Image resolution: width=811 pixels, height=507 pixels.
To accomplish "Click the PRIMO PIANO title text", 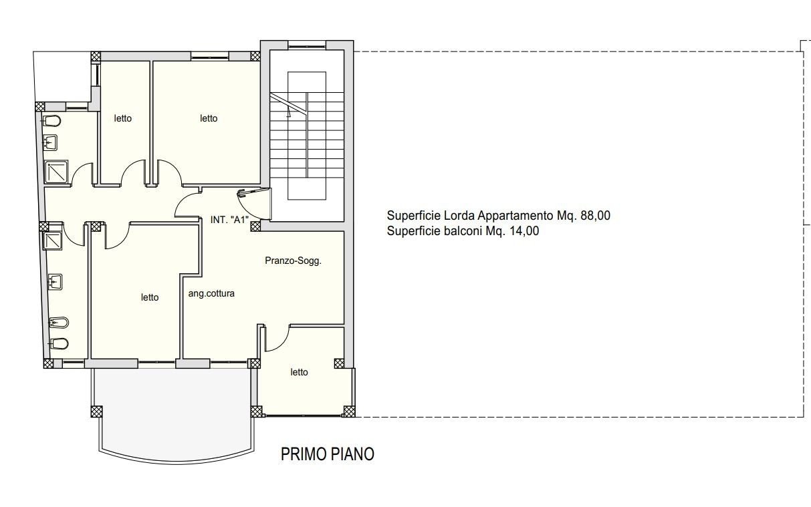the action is click(328, 454).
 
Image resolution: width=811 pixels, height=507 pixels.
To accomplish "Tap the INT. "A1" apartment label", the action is click(229, 220).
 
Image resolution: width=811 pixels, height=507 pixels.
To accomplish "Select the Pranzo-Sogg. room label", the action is click(294, 261).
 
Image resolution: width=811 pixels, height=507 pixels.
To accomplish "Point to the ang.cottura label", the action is click(211, 293).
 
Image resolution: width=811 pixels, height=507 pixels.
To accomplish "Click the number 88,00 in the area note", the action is click(596, 216).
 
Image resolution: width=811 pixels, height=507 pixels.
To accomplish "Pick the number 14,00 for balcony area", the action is click(524, 230).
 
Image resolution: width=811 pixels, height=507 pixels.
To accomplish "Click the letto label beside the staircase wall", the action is click(209, 118).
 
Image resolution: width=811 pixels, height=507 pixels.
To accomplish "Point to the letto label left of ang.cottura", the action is click(150, 297).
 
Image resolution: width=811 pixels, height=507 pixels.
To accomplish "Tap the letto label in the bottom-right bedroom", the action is click(299, 372).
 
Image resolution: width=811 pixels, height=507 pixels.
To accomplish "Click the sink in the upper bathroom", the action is click(50, 142).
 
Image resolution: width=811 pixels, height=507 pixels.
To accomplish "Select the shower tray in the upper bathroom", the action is click(56, 172).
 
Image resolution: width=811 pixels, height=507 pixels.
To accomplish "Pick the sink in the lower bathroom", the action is click(55, 282).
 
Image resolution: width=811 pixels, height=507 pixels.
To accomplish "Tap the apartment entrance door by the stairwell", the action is click(253, 204).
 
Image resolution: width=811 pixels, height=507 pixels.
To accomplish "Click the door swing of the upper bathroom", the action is click(82, 174).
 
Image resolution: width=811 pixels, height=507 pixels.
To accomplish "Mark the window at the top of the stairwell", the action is click(307, 45).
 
